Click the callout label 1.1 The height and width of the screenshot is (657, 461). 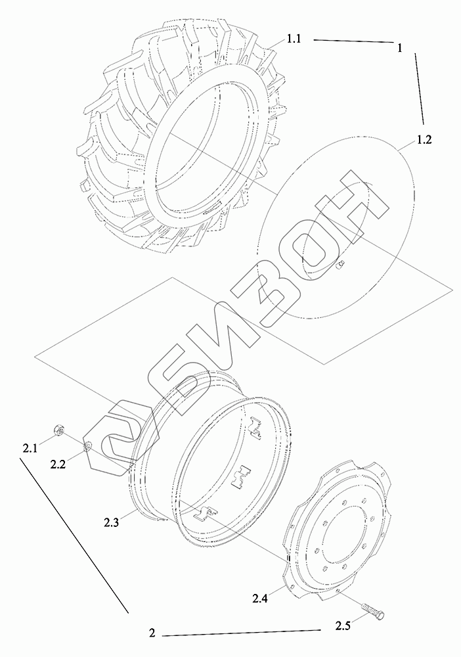pyautogui.click(x=294, y=40)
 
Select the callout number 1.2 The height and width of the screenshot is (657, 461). pyautogui.click(x=424, y=140)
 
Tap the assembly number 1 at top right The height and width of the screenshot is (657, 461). pyautogui.click(x=400, y=49)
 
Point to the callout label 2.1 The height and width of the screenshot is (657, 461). pyautogui.click(x=30, y=449)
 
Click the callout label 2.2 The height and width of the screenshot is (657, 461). pyautogui.click(x=58, y=464)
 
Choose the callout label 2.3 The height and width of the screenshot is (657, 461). pyautogui.click(x=112, y=522)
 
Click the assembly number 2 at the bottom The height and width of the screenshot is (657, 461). pyautogui.click(x=152, y=633)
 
